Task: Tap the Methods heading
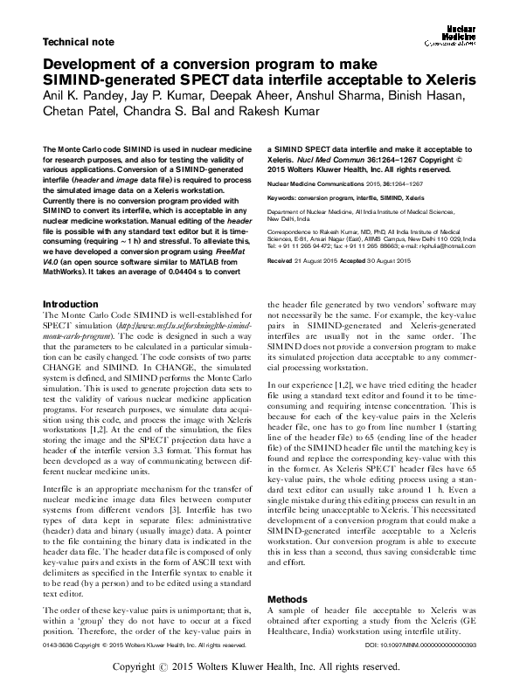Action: (288, 599)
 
